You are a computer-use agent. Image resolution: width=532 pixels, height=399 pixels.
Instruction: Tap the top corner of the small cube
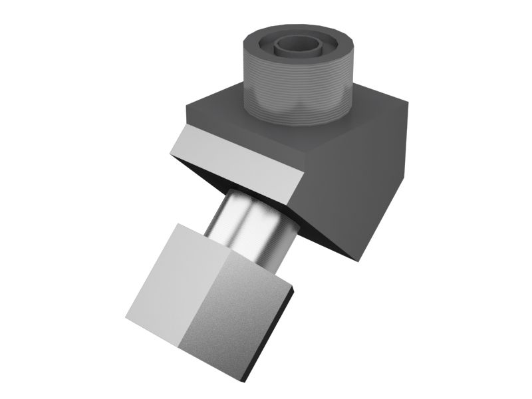[176, 224]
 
